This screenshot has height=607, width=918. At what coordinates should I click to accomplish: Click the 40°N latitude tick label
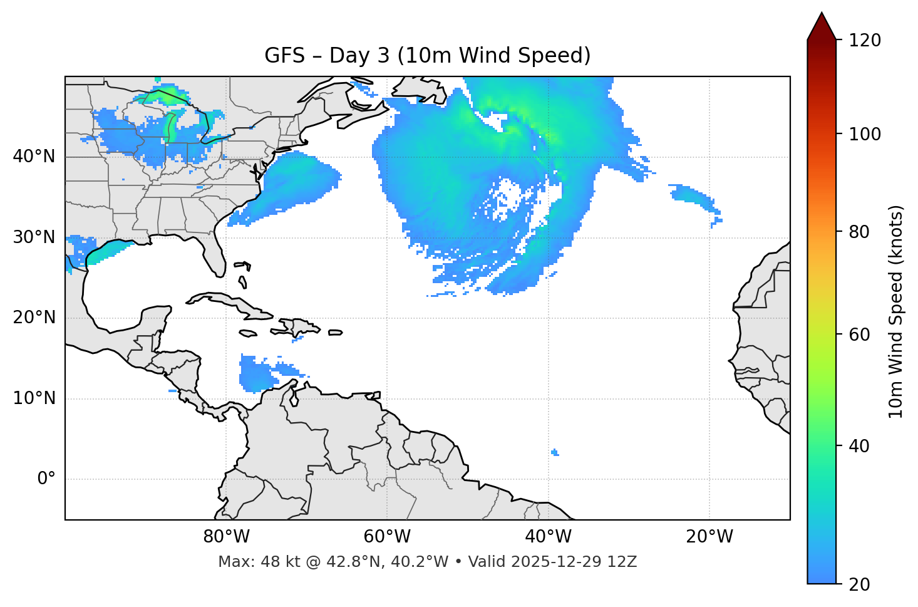[34, 157]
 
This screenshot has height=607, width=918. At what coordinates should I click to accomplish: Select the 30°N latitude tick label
[34, 237]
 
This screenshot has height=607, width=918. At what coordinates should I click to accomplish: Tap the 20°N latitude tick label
[34, 318]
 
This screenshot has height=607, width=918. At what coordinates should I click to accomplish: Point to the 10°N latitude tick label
[34, 398]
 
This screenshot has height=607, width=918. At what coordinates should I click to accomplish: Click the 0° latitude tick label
[46, 479]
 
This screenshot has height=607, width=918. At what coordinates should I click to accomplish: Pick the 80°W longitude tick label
[226, 537]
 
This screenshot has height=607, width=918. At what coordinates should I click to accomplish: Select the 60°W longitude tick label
[387, 537]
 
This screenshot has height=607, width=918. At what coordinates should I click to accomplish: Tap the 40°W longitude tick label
[548, 537]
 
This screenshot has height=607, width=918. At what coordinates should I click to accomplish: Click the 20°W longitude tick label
[709, 537]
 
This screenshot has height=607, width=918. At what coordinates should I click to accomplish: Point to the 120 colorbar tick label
[865, 41]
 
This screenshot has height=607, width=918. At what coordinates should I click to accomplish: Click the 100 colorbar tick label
[865, 134]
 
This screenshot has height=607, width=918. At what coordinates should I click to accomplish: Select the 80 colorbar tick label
[859, 232]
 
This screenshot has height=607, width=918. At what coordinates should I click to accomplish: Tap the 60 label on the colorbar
[859, 335]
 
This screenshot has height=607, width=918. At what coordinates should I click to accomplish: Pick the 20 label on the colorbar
[859, 584]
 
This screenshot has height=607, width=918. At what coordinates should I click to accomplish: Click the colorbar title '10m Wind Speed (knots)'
[895, 311]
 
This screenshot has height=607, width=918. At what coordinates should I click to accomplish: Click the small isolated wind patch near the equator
[555, 452]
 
